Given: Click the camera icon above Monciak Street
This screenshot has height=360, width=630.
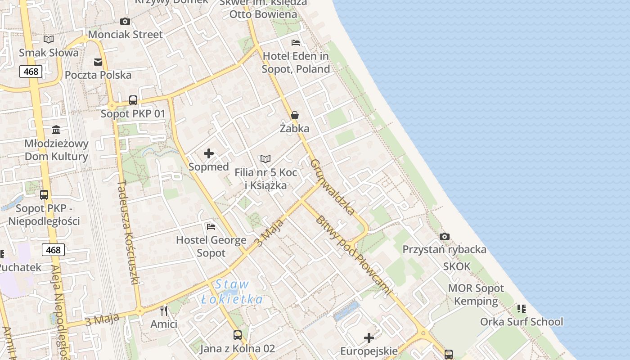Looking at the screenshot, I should point(125,21).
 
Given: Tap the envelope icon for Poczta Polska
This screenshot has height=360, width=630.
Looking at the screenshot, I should point(98,62).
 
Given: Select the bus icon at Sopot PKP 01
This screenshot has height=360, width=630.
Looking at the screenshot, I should point(133,100).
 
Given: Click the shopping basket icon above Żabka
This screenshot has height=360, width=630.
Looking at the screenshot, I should point(295,116).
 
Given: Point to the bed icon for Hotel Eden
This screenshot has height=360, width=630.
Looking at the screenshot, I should point(296,43).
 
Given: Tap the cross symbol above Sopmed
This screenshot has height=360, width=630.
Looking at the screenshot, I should point(209,153).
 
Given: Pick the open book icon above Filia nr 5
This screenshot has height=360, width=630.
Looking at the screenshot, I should point(265,159).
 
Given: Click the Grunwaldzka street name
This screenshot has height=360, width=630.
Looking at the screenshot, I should point(333,186).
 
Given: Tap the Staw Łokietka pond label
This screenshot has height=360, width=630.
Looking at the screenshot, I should point(232,292).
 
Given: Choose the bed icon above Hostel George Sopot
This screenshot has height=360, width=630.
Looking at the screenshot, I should point(211,226).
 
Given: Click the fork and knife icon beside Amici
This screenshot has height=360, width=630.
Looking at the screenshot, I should point(164,310).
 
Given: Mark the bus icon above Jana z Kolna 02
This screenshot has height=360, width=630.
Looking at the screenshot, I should point(237,335).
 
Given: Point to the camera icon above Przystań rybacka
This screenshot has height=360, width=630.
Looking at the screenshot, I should point(445,236).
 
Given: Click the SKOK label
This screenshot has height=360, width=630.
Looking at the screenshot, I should point(457,266).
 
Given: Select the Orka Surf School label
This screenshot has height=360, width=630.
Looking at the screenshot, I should point(522,322).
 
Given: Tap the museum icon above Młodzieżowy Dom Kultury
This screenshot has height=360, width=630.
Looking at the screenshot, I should point(56,130).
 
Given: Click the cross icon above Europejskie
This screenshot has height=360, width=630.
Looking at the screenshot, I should point(369,338).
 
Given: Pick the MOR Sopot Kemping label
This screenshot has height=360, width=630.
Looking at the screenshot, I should point(476,295).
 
